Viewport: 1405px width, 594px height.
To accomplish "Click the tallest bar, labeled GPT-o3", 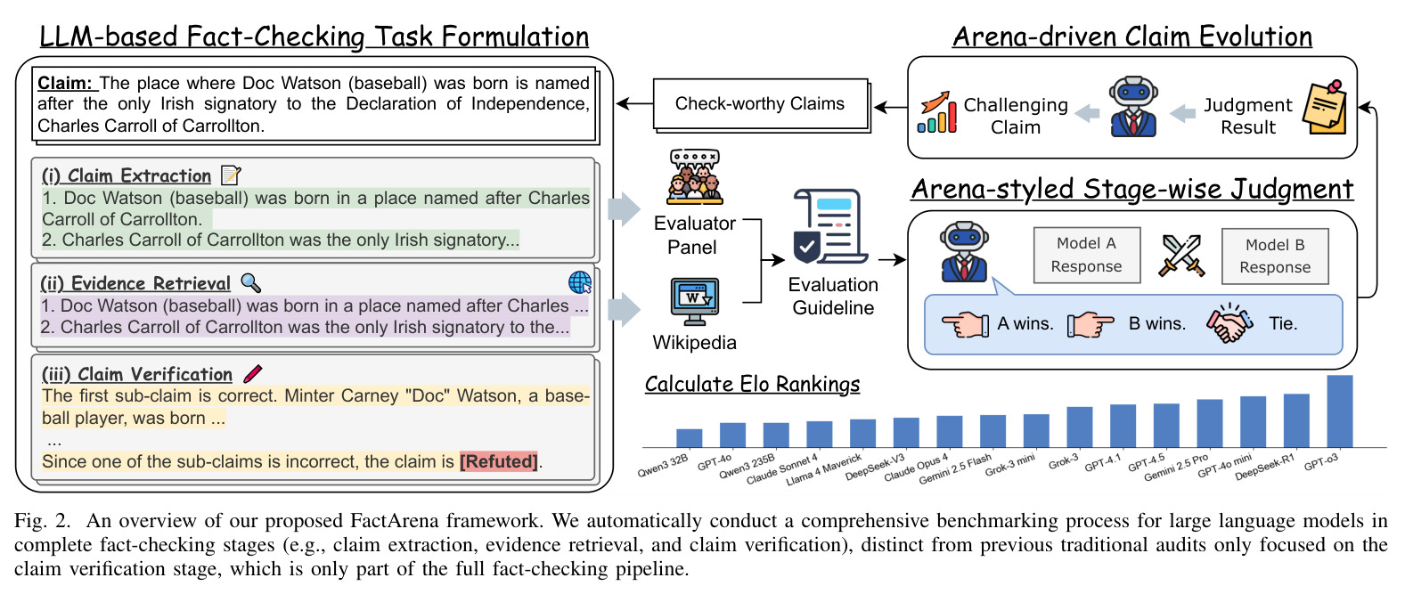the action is (x=1339, y=411).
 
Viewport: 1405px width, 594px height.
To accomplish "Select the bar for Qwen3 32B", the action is (x=689, y=438).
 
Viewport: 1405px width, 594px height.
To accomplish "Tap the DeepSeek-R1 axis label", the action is (x=1263, y=468).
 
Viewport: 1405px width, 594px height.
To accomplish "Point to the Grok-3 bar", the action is (x=1080, y=427).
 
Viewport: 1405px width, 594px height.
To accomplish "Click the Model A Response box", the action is (x=1086, y=255).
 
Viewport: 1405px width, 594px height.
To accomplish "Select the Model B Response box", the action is (x=1275, y=256).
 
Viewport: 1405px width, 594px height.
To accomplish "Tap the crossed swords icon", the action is (x=1181, y=256).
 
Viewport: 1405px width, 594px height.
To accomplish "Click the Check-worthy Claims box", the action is (x=760, y=103).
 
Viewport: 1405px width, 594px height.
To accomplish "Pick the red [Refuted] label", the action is (x=499, y=461).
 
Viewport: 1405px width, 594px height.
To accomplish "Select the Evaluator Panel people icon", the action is (x=694, y=177).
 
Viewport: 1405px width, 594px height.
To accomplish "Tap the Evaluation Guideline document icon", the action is (x=830, y=226).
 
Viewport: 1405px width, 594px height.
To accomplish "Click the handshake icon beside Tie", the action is (x=1229, y=322).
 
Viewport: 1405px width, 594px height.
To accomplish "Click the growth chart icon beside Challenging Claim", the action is (x=936, y=112).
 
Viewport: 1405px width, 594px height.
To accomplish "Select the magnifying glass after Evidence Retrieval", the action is (x=251, y=283).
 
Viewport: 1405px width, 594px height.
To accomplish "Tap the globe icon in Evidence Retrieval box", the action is (x=580, y=282).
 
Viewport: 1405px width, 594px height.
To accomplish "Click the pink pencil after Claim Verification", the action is (x=253, y=374).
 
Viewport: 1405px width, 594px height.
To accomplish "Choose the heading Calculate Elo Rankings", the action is (x=752, y=384).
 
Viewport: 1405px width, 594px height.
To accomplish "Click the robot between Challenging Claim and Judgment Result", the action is (x=1132, y=107).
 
